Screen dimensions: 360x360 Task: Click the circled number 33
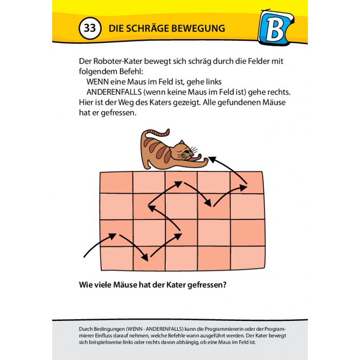[90, 28]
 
